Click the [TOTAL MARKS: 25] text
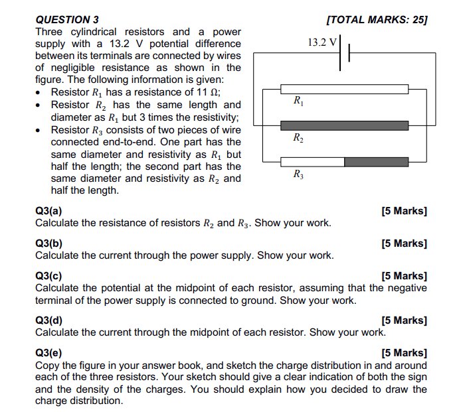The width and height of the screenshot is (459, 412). pyautogui.click(x=377, y=20)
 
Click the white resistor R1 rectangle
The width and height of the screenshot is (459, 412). pyautogui.click(x=344, y=89)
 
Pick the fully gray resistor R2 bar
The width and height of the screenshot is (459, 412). pyautogui.click(x=344, y=125)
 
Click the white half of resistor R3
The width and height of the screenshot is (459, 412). pyautogui.click(x=312, y=161)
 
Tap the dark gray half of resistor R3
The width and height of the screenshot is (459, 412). pyautogui.click(x=376, y=161)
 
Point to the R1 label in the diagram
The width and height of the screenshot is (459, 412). pyautogui.click(x=298, y=103)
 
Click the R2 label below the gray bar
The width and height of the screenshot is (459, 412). pyautogui.click(x=298, y=139)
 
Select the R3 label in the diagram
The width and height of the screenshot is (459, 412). pyautogui.click(x=298, y=175)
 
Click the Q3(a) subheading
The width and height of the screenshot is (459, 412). pyautogui.click(x=48, y=211)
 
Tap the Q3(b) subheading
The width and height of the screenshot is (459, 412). pyautogui.click(x=48, y=243)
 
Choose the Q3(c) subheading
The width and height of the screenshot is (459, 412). pyautogui.click(x=48, y=276)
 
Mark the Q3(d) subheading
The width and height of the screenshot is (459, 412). pyautogui.click(x=48, y=320)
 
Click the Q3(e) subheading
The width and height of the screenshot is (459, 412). pyautogui.click(x=48, y=353)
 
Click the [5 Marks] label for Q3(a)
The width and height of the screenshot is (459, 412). pyautogui.click(x=404, y=211)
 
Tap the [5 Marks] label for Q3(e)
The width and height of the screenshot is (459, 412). pyautogui.click(x=404, y=353)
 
